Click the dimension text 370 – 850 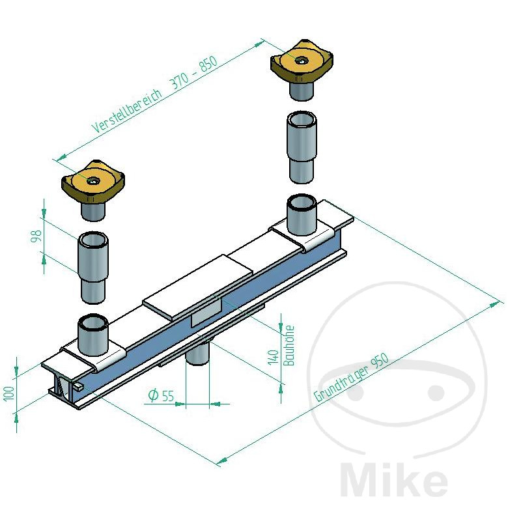tap(193, 72)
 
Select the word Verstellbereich tap(127, 111)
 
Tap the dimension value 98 tap(36, 236)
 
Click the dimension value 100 tap(9, 393)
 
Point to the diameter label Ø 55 tap(161, 395)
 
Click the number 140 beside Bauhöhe tap(274, 357)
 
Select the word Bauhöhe tap(289, 345)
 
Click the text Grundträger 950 tap(351, 378)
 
